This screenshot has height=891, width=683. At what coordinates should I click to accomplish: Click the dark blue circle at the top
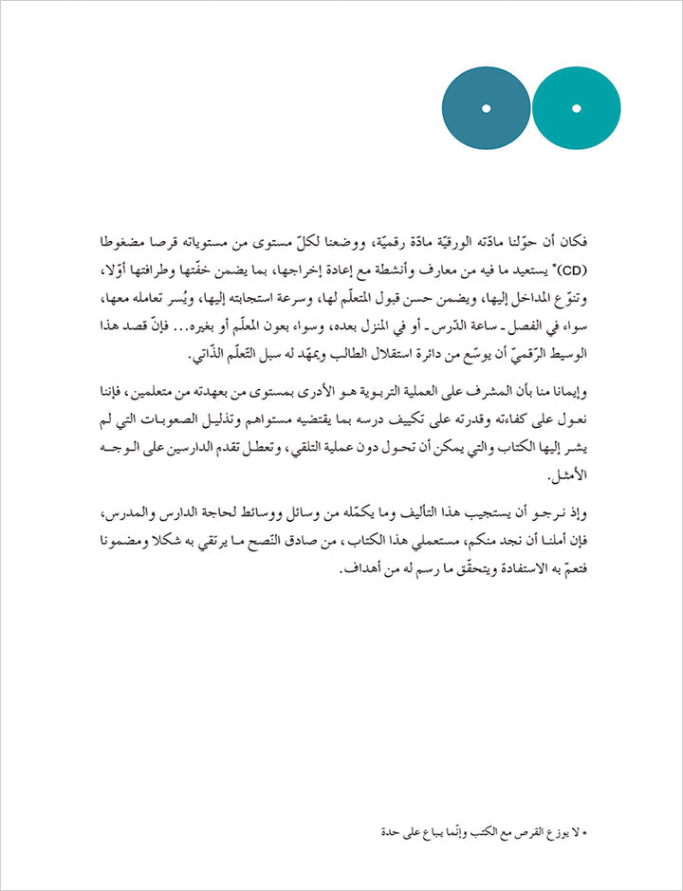[x=486, y=108]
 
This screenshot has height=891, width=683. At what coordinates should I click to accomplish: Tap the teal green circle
[x=576, y=108]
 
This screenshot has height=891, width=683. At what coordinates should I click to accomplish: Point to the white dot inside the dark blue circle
[x=486, y=109]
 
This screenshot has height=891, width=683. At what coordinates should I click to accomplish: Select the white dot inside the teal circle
[x=576, y=109]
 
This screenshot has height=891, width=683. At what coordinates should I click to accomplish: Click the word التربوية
[x=358, y=391]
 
